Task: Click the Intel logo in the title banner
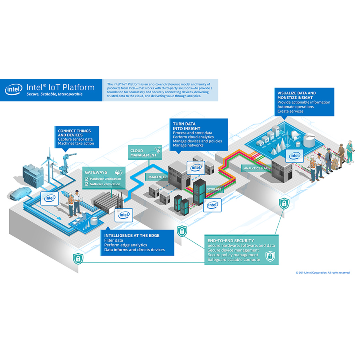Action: pos(14,89)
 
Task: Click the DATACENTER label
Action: pos(157,177)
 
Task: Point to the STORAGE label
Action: pos(214,189)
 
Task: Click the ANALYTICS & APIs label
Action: pos(256,168)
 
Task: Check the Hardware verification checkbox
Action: pos(86,178)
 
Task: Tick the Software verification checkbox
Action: pos(86,184)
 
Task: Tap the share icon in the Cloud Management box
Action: pos(157,150)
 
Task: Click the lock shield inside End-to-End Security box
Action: pos(270,255)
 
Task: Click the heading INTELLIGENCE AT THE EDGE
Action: pos(132,236)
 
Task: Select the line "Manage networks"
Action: pos(188,146)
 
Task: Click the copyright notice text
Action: pos(322,273)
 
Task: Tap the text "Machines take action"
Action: pos(76,144)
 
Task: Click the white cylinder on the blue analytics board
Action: pos(309,141)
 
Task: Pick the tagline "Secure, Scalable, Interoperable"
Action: pos(54,94)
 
